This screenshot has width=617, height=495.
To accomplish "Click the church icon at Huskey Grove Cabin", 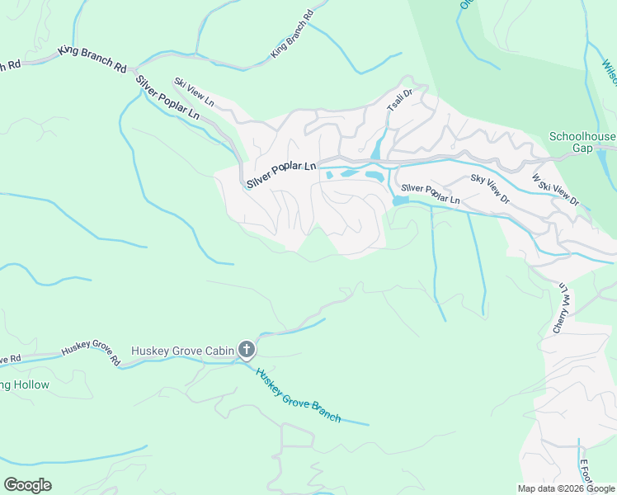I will click(x=246, y=351).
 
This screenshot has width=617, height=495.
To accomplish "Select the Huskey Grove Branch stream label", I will click(x=298, y=395).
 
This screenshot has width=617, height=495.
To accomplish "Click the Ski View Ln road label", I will click(x=194, y=92).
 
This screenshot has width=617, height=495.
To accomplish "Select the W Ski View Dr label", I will click(x=556, y=190).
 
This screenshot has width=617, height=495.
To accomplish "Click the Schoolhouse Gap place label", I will click(x=582, y=142).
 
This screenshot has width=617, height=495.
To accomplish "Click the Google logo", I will click(x=27, y=484).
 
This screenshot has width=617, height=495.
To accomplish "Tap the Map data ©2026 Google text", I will click(x=565, y=488).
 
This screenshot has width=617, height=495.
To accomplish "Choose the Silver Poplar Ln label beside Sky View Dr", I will click(x=430, y=194).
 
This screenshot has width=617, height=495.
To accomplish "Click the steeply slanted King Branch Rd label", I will click(x=293, y=35).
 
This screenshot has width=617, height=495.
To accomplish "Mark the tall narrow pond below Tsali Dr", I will click(x=377, y=149).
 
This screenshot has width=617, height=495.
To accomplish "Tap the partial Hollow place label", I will click(x=25, y=385).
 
